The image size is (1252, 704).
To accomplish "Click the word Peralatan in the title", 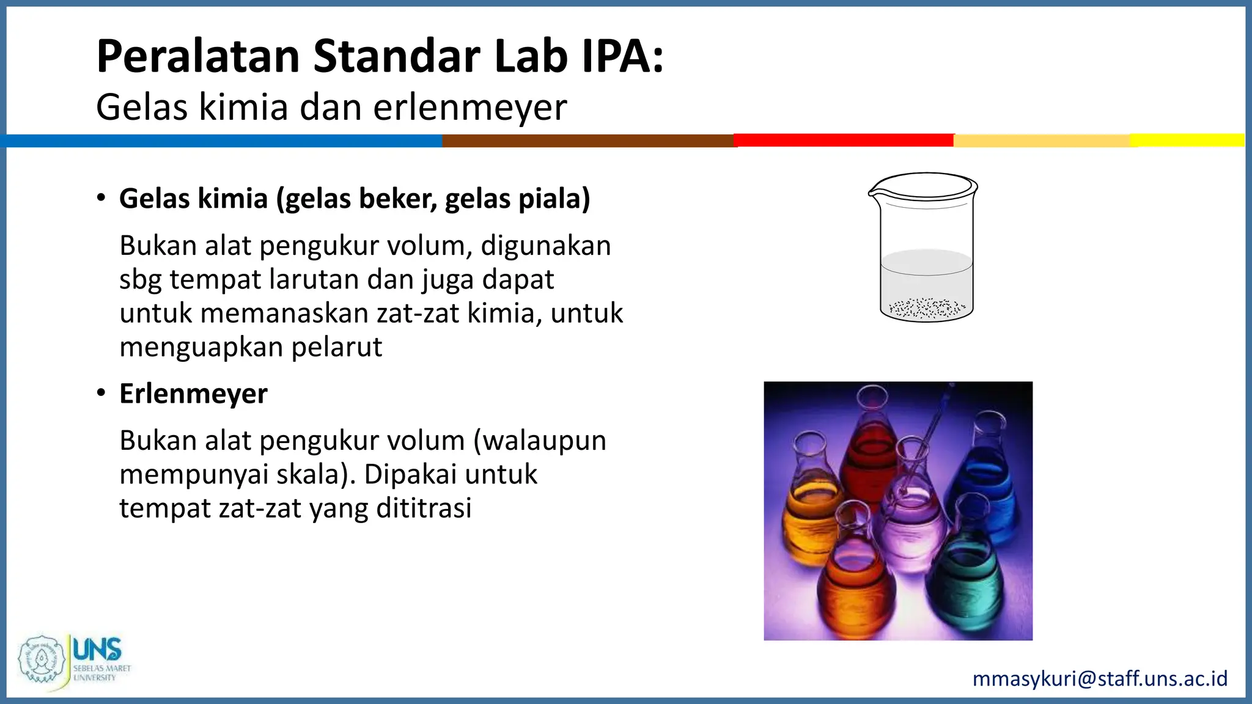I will (198, 56).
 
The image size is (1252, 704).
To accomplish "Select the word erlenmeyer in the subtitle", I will (469, 108).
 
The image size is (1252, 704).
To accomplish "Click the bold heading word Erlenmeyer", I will (193, 394).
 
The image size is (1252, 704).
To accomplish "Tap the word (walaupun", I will (540, 441).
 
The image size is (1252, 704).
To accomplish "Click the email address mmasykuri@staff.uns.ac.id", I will (1099, 678).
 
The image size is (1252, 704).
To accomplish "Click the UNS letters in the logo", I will (97, 649).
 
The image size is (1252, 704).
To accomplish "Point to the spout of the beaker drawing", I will (873, 194).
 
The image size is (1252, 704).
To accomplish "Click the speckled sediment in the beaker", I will (927, 308).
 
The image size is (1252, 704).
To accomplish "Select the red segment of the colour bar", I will (844, 141).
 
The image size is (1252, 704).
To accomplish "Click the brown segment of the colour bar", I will (587, 141).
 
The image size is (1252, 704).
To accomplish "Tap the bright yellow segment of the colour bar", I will (1186, 140).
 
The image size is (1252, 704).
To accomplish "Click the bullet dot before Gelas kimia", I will (101, 198).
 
